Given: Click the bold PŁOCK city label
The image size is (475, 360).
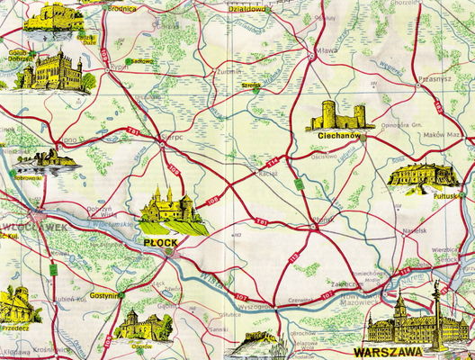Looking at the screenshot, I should [162, 241].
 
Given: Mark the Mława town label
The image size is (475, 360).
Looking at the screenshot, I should [327, 51].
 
